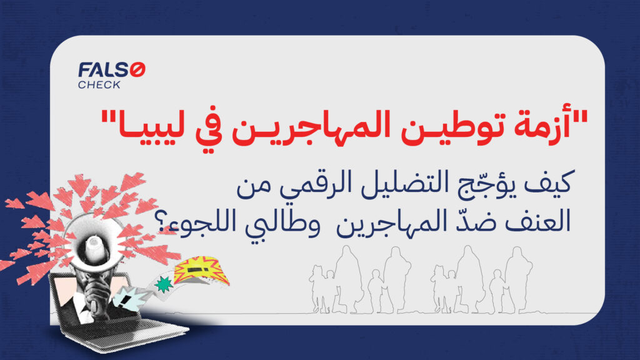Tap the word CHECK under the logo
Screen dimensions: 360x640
99,85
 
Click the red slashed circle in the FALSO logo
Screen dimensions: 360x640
138,71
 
